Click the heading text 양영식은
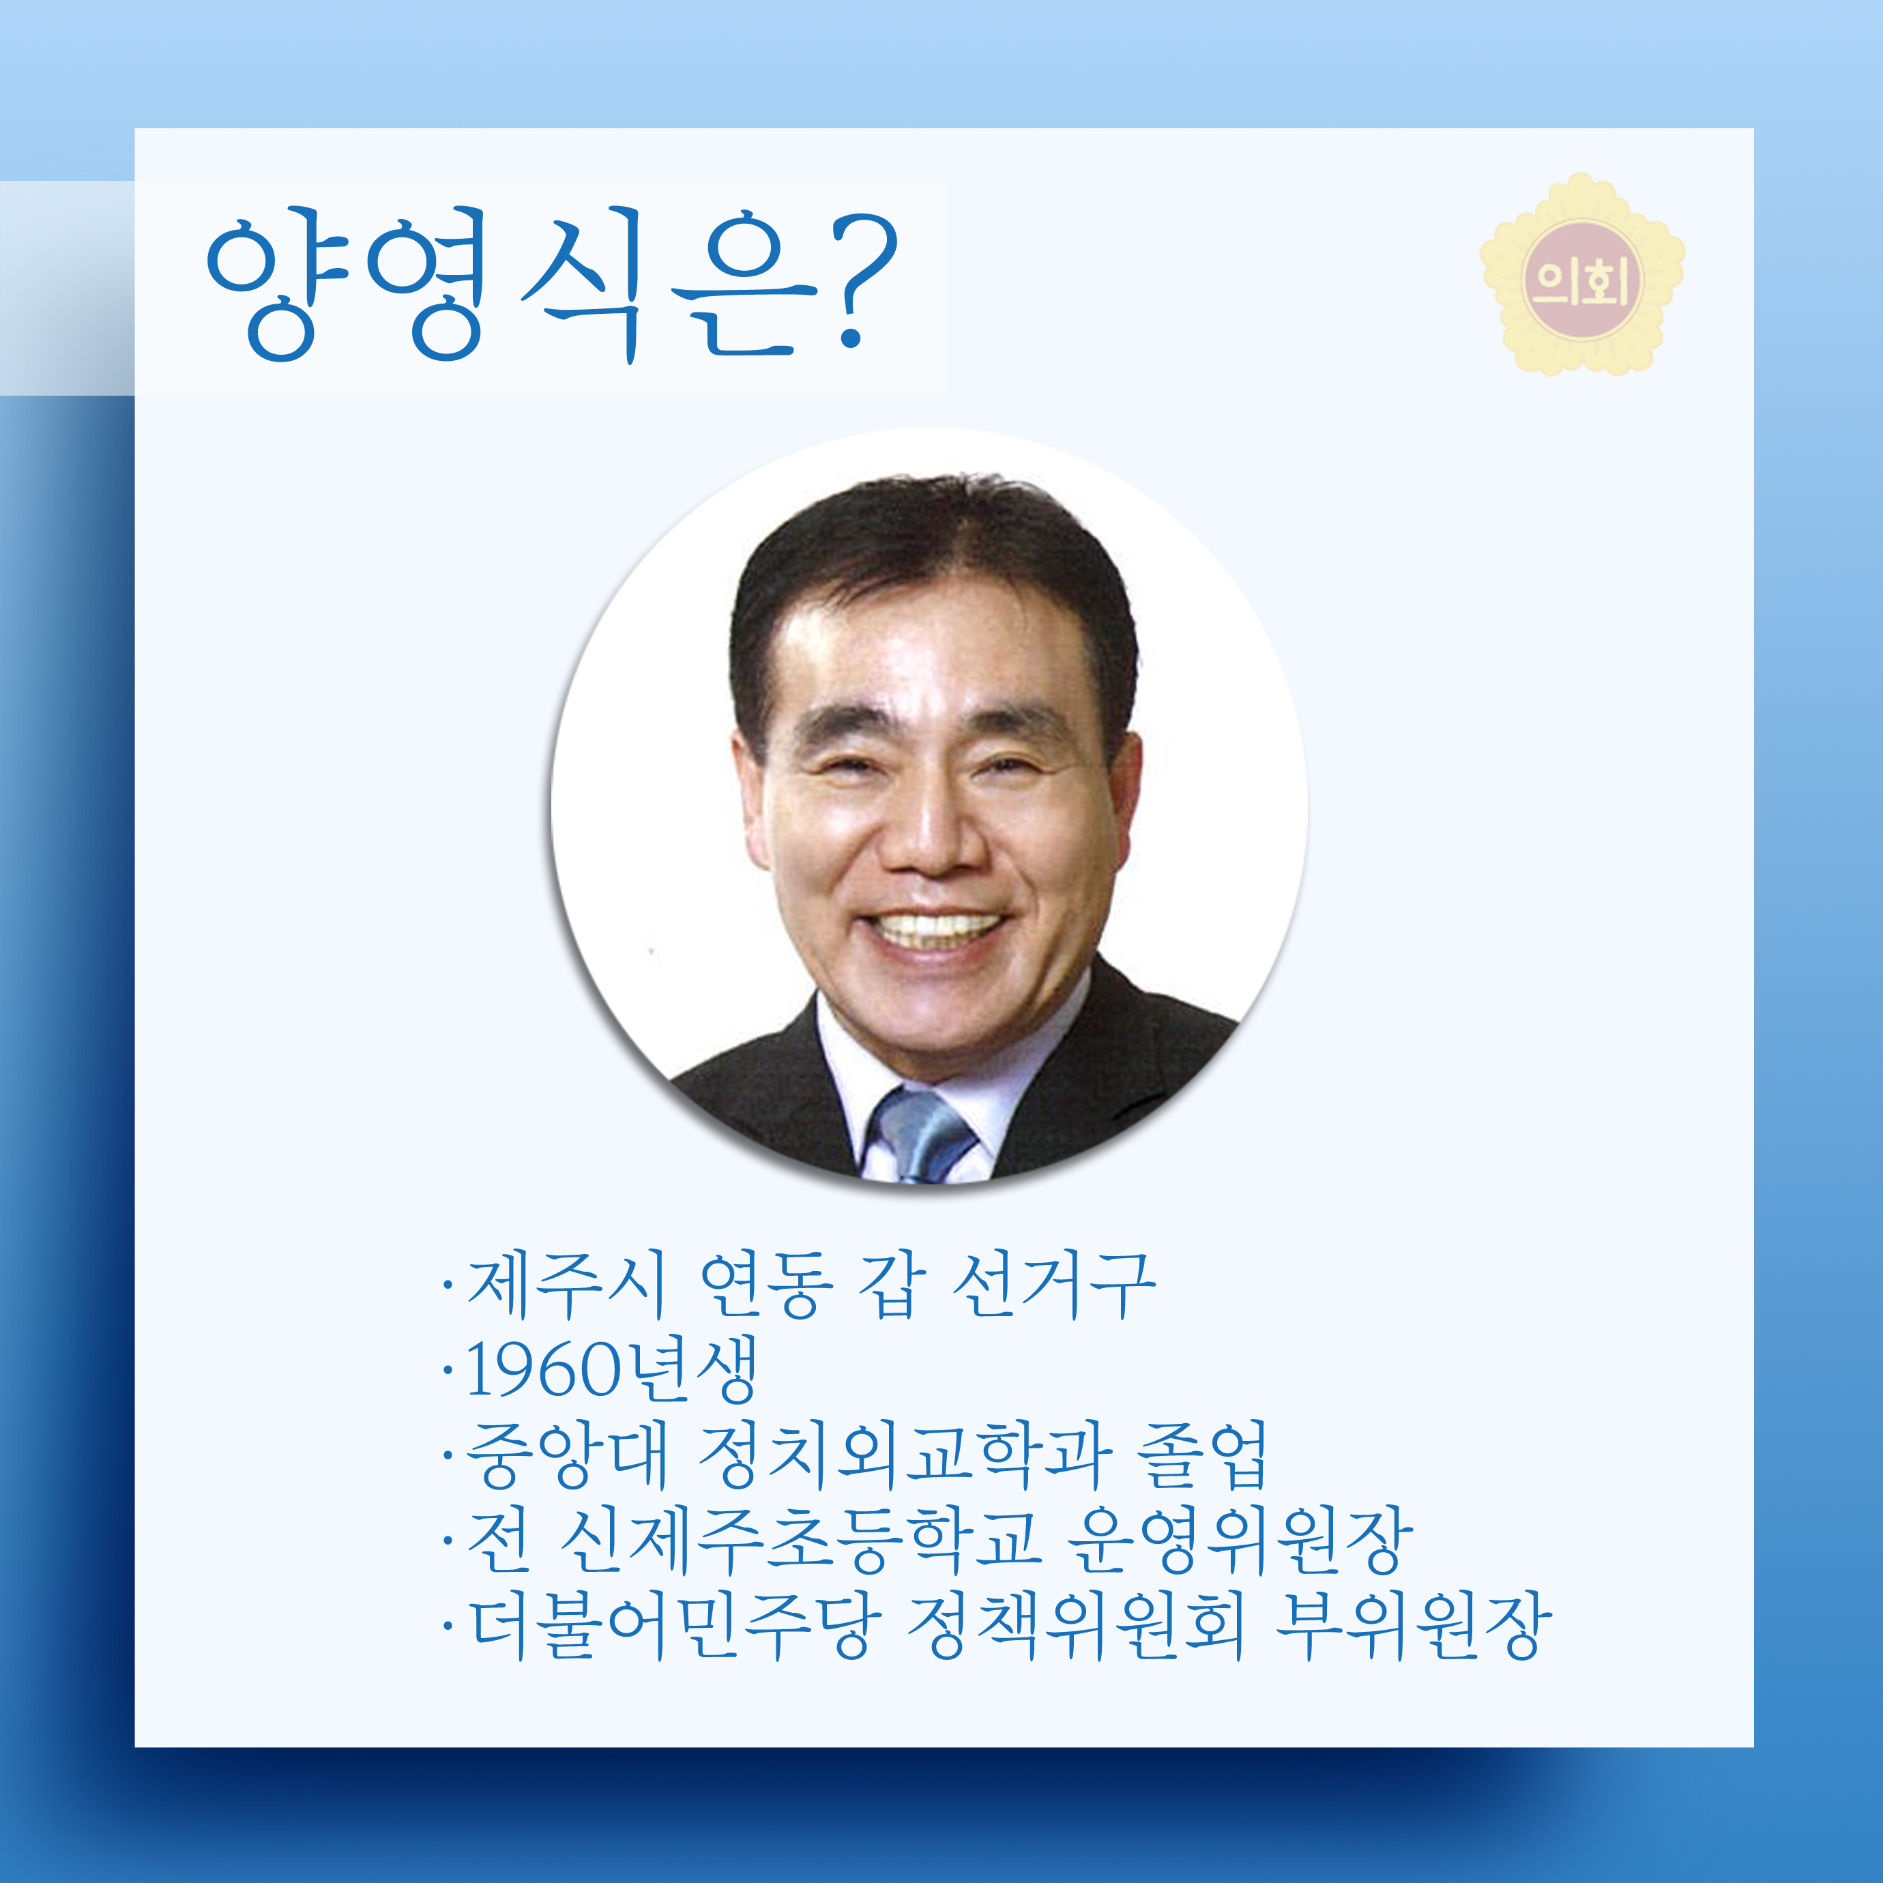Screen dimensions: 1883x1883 (x=512, y=284)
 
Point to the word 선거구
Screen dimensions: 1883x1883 (x=1053, y=1285)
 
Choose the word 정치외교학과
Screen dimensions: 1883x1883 (x=905, y=1455)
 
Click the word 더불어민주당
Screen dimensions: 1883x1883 (x=675, y=1626)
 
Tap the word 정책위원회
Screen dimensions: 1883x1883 (x=1076, y=1626)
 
